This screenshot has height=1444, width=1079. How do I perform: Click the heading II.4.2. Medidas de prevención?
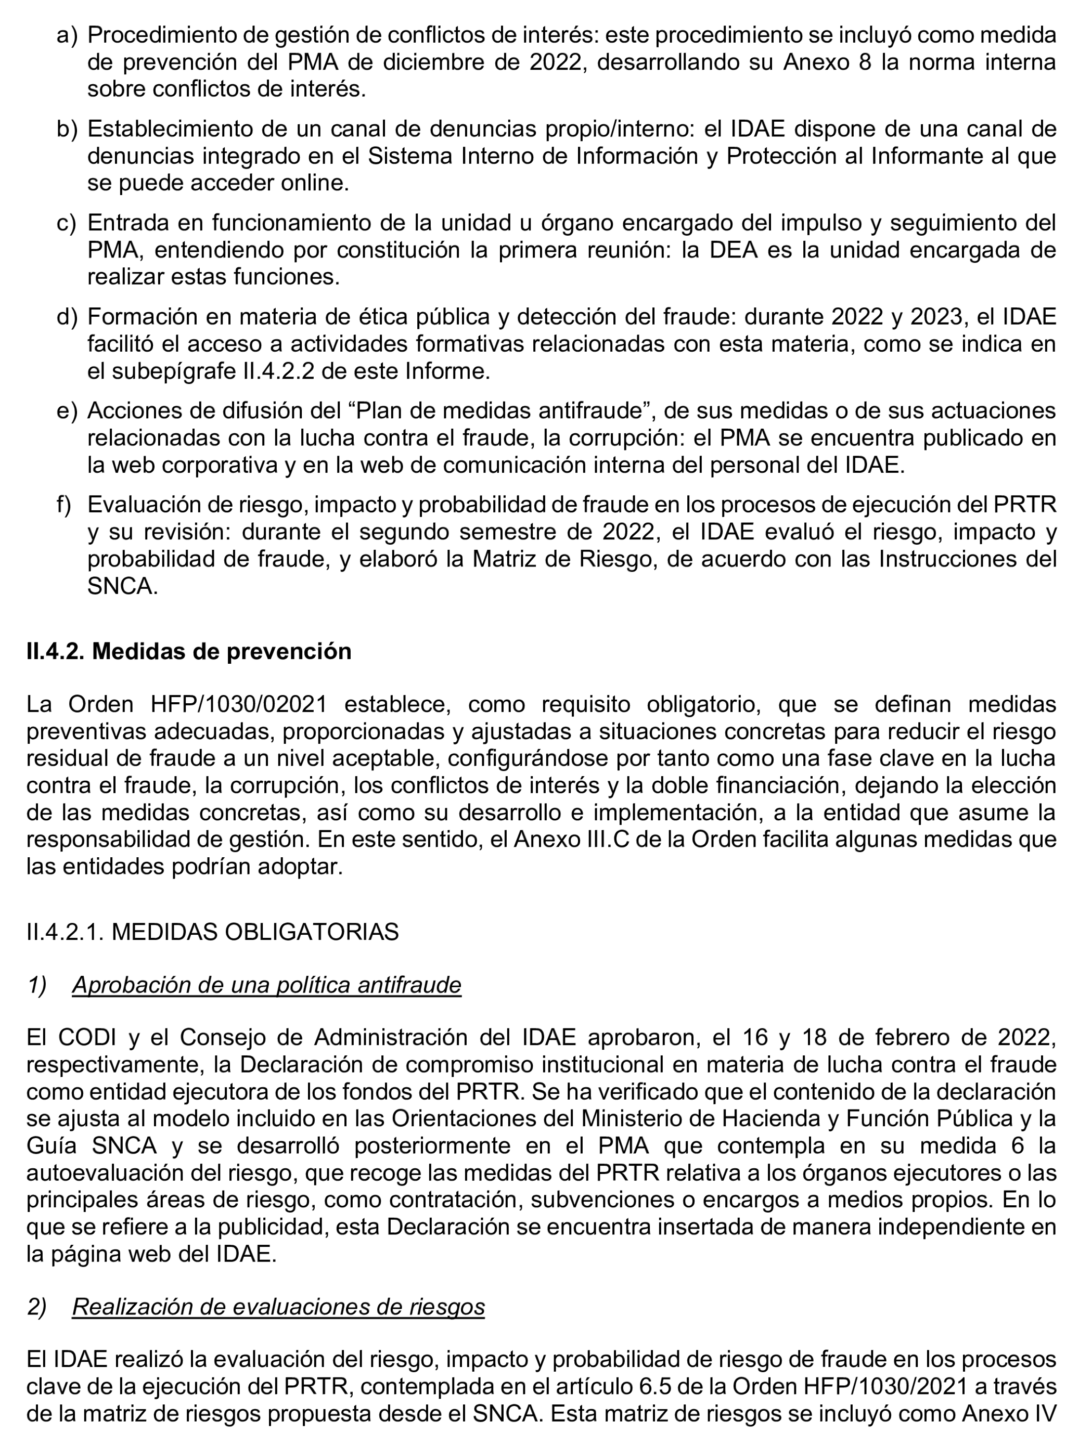pyautogui.click(x=189, y=651)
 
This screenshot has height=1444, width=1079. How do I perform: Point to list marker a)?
pyautogui.click(x=67, y=35)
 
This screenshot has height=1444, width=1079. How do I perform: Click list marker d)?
pyautogui.click(x=67, y=317)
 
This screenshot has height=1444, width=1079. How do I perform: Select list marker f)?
pyautogui.click(x=64, y=505)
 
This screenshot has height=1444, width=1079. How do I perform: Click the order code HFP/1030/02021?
pyautogui.click(x=238, y=705)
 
